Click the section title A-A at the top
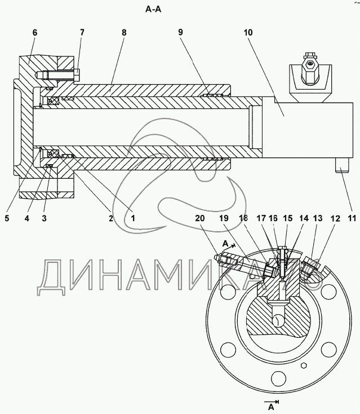click(153, 10)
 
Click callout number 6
click(35, 33)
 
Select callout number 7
click(82, 32)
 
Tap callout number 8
click(124, 33)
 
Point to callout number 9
click(180, 32)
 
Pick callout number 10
click(248, 33)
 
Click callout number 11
click(352, 218)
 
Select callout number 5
click(7, 218)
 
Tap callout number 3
click(44, 218)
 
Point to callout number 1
click(133, 218)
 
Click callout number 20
click(200, 218)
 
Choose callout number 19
click(224, 218)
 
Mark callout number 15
click(288, 218)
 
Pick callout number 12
click(335, 218)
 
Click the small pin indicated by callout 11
click(343, 166)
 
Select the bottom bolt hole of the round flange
click(279, 378)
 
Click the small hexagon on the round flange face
click(304, 365)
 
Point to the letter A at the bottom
click(271, 407)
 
